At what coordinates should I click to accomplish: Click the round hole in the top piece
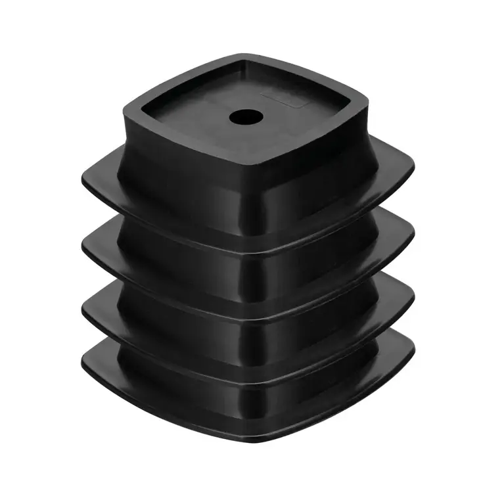245,117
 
